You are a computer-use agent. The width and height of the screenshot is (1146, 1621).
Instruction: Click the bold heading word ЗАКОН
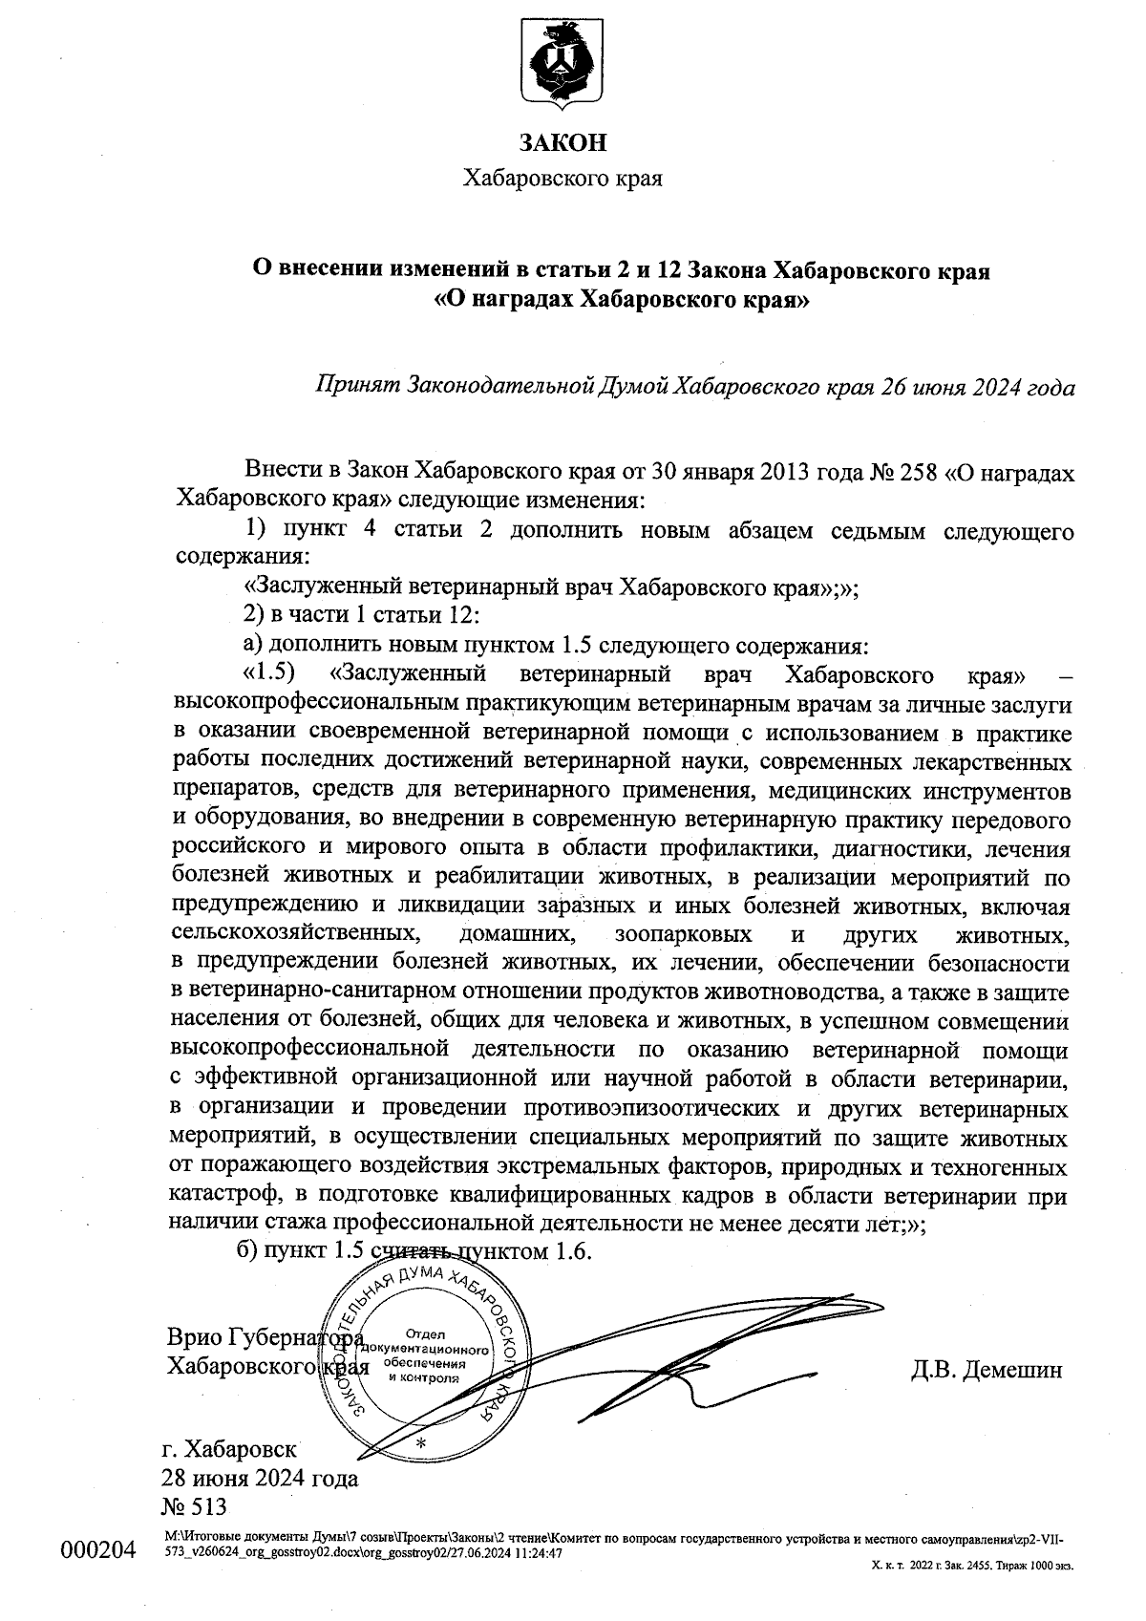(562, 144)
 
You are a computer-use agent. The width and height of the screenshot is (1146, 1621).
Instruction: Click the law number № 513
(197, 1506)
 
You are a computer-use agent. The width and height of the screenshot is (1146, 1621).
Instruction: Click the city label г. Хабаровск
(231, 1447)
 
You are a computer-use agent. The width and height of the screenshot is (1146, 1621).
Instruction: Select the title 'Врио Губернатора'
(264, 1335)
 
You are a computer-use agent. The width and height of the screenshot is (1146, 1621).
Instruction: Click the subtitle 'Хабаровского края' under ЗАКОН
(562, 179)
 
